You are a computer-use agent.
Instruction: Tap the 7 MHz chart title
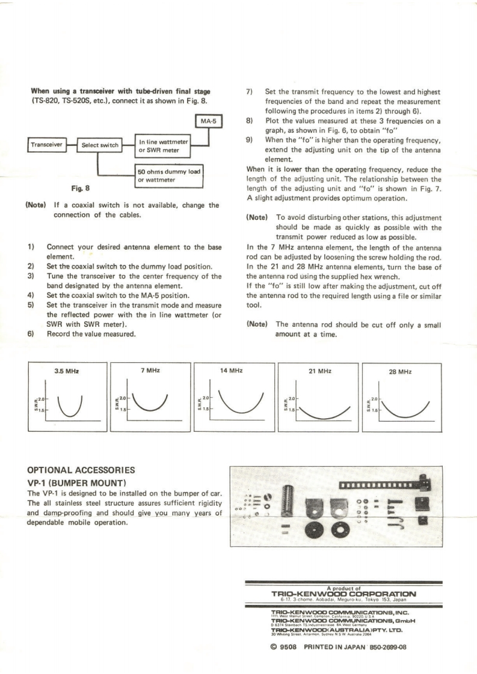(x=149, y=371)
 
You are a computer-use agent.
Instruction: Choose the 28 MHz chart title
(x=400, y=371)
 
